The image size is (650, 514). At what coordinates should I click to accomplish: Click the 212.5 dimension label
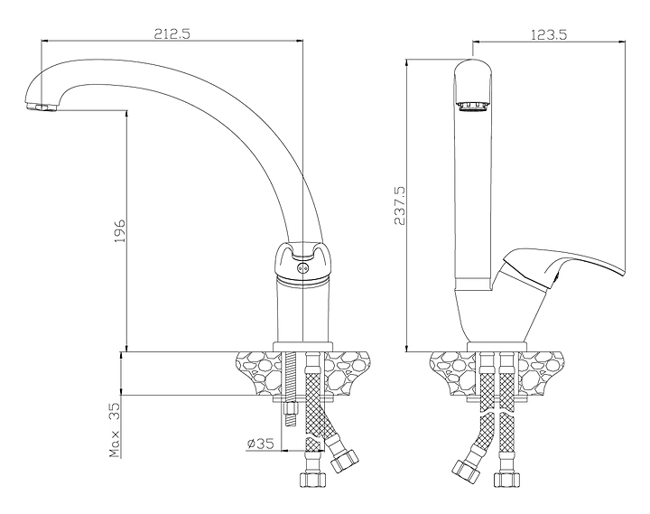(x=172, y=34)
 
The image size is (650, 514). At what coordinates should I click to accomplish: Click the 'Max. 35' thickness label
(x=116, y=429)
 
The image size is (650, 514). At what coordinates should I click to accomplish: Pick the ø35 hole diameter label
(x=260, y=444)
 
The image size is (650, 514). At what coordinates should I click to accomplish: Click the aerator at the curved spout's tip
(x=41, y=108)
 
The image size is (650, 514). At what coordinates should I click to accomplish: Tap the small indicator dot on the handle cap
(x=303, y=266)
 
